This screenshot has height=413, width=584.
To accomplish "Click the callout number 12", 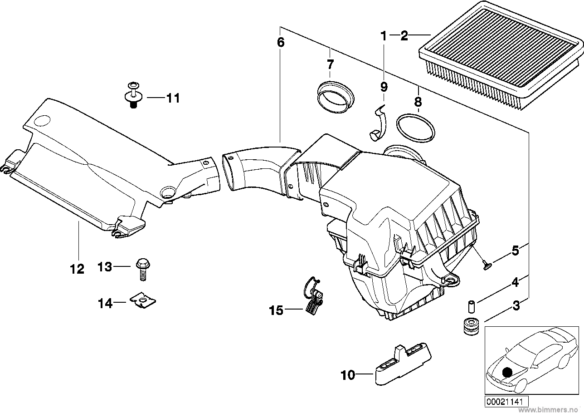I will [x=78, y=269].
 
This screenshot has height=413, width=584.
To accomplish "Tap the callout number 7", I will [x=330, y=64].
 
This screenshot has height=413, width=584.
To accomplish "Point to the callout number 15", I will [x=276, y=310].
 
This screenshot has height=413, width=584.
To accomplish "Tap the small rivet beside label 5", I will [x=485, y=264].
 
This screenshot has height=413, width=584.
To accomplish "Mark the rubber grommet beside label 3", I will [x=470, y=326].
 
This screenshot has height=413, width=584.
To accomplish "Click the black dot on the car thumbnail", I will [x=507, y=372].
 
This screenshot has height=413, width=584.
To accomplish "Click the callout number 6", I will [x=281, y=43].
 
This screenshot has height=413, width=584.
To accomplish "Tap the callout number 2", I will [x=404, y=36].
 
